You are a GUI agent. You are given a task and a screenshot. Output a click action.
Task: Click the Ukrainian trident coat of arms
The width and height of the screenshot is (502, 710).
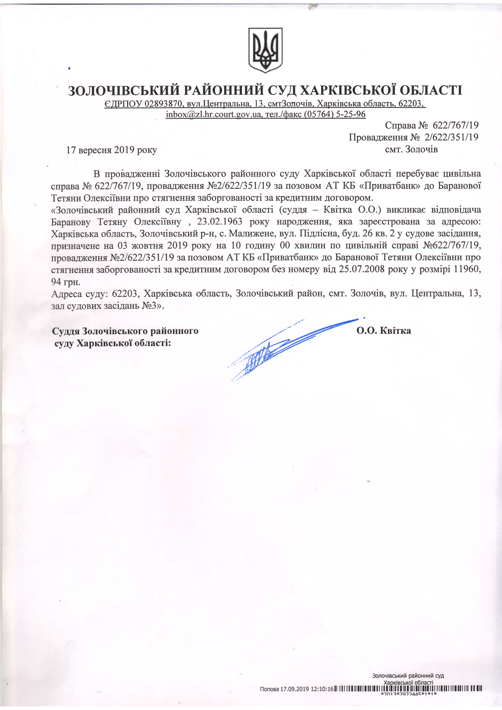click(266, 50)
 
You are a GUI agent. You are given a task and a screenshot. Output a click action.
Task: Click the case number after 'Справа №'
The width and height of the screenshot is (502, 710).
click(455, 125)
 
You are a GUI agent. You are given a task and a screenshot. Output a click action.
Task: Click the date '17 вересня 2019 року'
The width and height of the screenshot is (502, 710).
click(112, 150)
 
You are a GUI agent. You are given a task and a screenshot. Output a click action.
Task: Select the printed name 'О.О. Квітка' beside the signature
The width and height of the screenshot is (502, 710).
click(384, 331)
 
